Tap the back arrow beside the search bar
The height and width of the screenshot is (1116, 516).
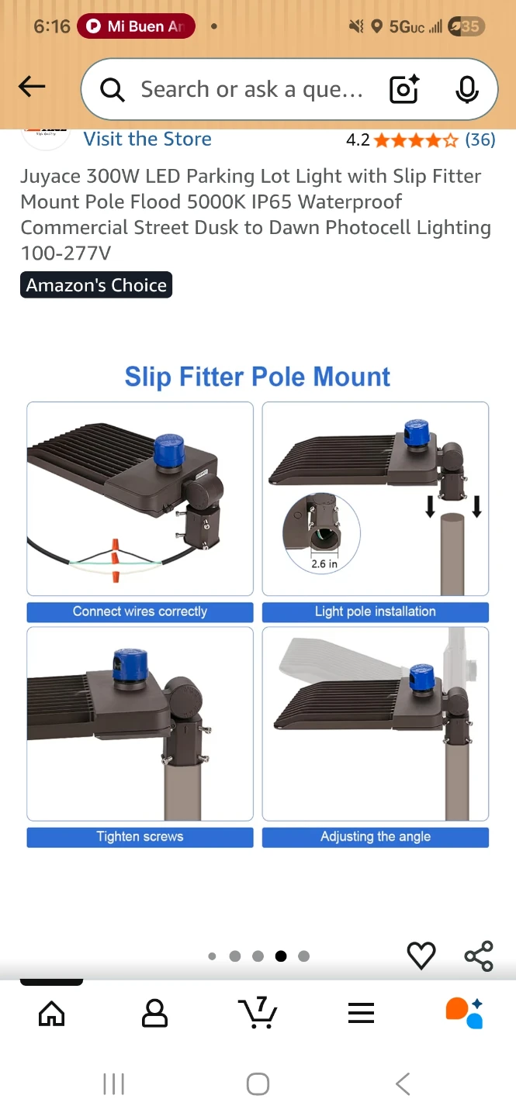point(32,87)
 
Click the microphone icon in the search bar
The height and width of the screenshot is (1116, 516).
point(467,90)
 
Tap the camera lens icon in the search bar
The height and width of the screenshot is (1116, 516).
point(403,89)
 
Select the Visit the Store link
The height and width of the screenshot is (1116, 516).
point(147,139)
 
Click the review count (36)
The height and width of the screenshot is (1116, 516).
point(480,139)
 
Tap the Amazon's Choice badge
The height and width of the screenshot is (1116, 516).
point(96,285)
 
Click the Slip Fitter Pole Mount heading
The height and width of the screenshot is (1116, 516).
point(258,377)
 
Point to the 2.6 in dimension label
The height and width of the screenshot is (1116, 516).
point(324,563)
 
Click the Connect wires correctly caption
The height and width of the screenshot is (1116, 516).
point(140,611)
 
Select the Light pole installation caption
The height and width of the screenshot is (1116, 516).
point(376,611)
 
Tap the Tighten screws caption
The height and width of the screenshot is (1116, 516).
point(140,837)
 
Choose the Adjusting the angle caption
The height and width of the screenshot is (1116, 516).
point(376,837)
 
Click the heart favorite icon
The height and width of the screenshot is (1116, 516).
point(421,956)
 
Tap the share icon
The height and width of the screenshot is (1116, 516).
point(479,956)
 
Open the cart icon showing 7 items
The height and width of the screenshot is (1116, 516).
point(258,1012)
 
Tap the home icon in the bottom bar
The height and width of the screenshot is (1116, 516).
point(52,1014)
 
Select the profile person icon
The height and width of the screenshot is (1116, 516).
point(154,1013)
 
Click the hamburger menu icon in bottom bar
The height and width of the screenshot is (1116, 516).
point(362,1013)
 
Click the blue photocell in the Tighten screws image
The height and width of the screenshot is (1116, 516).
point(130,665)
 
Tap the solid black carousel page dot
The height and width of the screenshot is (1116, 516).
point(281,956)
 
